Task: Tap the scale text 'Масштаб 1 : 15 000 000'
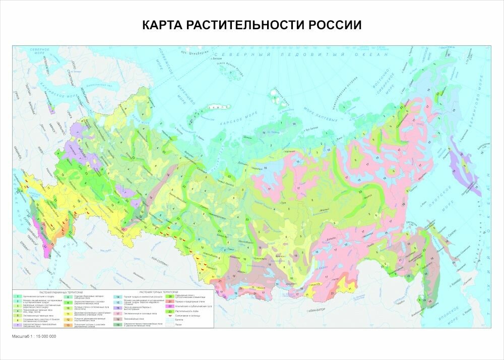[34, 336]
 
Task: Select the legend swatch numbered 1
[17, 295]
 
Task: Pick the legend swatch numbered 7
[17, 325]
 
